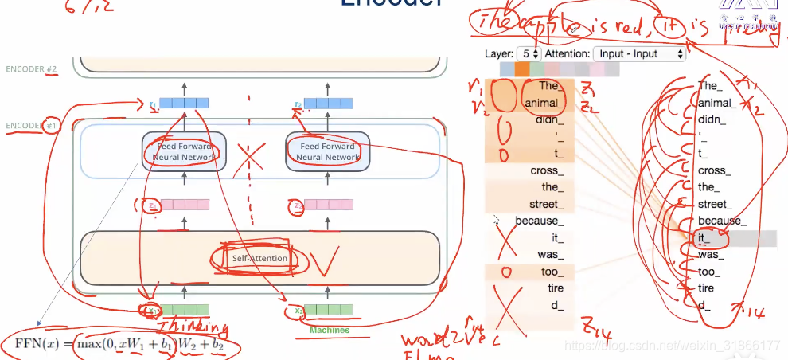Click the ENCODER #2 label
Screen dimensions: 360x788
click(x=31, y=69)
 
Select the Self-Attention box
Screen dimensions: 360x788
click(x=252, y=259)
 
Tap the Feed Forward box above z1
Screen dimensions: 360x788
click(x=184, y=151)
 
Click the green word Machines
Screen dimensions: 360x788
click(x=330, y=329)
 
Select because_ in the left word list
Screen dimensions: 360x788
click(x=539, y=221)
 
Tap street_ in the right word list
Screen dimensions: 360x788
click(x=715, y=204)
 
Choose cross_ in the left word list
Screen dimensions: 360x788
click(x=546, y=170)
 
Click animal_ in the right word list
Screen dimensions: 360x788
click(x=714, y=104)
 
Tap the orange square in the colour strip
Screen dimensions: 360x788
click(x=522, y=70)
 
